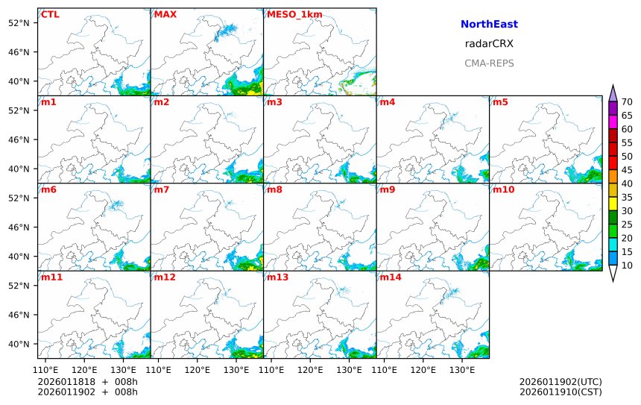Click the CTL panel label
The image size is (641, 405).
[x=50, y=14]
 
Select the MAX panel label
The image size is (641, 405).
[x=165, y=14]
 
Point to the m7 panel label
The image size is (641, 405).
[x=161, y=189]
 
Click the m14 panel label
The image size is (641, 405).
[x=390, y=277]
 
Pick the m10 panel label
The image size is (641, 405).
[x=503, y=189]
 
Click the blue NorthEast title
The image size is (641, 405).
[x=489, y=25]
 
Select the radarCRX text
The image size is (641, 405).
[x=489, y=44]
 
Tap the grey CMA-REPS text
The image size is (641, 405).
[x=489, y=63]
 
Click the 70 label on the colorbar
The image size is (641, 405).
[x=627, y=102]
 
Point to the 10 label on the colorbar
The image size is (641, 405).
[x=627, y=266]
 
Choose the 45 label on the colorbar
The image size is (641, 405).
[x=627, y=170]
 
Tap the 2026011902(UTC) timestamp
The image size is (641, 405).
[x=561, y=382]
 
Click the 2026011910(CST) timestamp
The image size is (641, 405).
[x=561, y=392]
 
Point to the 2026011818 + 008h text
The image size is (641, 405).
[x=87, y=382]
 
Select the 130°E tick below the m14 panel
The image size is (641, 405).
[x=462, y=368]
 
